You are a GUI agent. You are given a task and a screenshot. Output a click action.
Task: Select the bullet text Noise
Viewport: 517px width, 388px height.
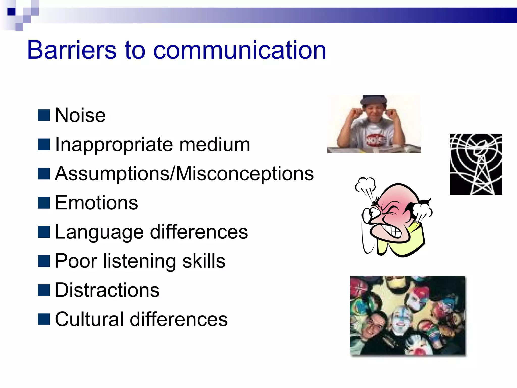click(80, 115)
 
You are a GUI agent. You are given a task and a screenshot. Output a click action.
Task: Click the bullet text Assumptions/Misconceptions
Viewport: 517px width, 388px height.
click(184, 174)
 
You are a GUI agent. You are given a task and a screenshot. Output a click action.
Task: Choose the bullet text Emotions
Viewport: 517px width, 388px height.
click(96, 203)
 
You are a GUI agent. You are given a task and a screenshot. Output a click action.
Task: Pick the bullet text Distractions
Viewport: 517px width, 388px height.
click(107, 290)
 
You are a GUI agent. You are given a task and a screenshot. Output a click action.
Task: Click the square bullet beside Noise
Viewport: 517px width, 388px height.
click(44, 115)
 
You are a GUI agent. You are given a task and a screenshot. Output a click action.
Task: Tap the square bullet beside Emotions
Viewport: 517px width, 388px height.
click(44, 203)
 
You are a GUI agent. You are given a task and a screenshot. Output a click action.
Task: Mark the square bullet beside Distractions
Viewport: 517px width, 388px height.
click(44, 290)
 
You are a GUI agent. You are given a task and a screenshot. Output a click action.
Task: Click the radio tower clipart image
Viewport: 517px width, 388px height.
click(476, 164)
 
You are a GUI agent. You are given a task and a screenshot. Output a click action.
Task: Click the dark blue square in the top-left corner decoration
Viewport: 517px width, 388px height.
click(11, 12)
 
